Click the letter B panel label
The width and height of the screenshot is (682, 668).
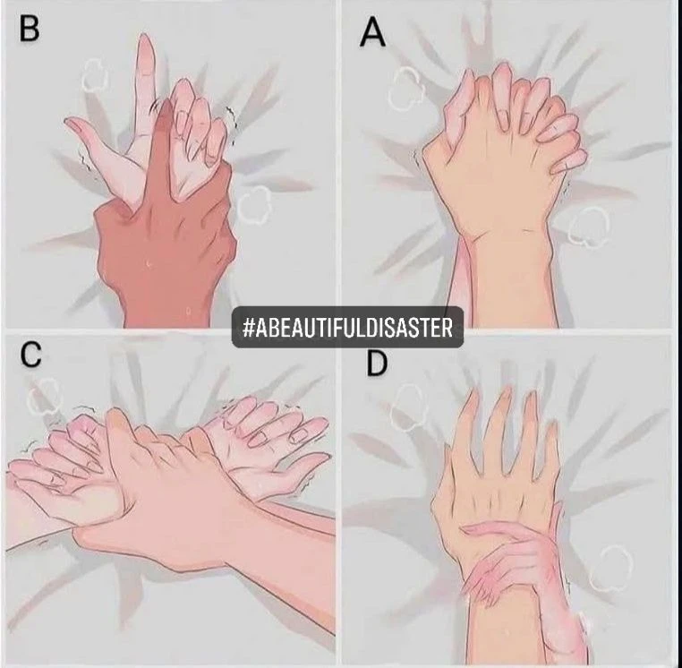(x=30, y=30)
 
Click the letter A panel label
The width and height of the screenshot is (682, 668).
(x=372, y=33)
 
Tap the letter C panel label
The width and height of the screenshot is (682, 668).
(x=31, y=355)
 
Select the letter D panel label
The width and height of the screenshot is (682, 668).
(x=377, y=363)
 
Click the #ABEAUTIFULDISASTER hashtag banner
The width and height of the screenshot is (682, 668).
(x=347, y=327)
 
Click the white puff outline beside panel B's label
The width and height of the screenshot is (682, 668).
(x=95, y=75)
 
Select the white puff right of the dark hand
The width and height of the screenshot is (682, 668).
(x=254, y=205)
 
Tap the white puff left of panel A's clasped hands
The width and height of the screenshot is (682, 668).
(x=405, y=89)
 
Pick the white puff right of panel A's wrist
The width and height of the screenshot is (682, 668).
(x=589, y=227)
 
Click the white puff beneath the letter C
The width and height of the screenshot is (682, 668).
(x=45, y=397)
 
